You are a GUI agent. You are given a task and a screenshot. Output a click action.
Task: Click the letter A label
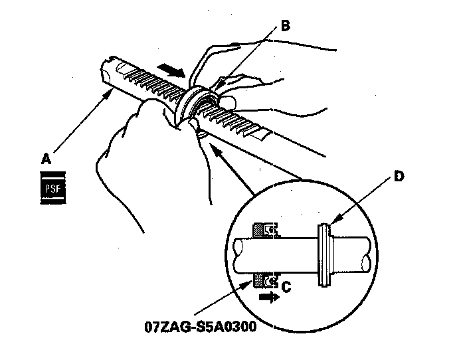(x=46, y=159)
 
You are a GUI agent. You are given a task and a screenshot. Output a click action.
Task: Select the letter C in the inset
(x=287, y=287)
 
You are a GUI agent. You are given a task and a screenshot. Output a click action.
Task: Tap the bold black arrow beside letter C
(x=269, y=299)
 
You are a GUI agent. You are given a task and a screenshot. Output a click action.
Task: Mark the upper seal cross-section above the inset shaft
(x=265, y=231)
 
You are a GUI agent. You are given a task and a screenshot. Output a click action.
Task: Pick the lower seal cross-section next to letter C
(x=264, y=281)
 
